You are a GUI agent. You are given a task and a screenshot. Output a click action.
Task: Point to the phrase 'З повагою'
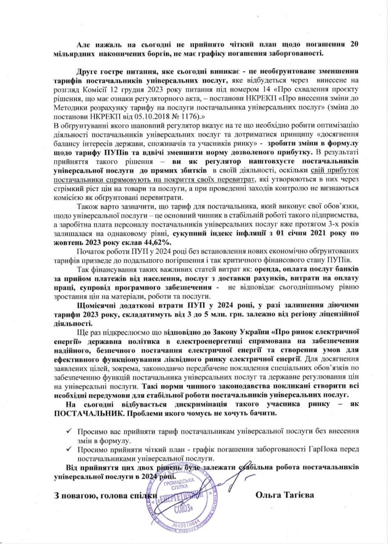click(70, 495)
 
